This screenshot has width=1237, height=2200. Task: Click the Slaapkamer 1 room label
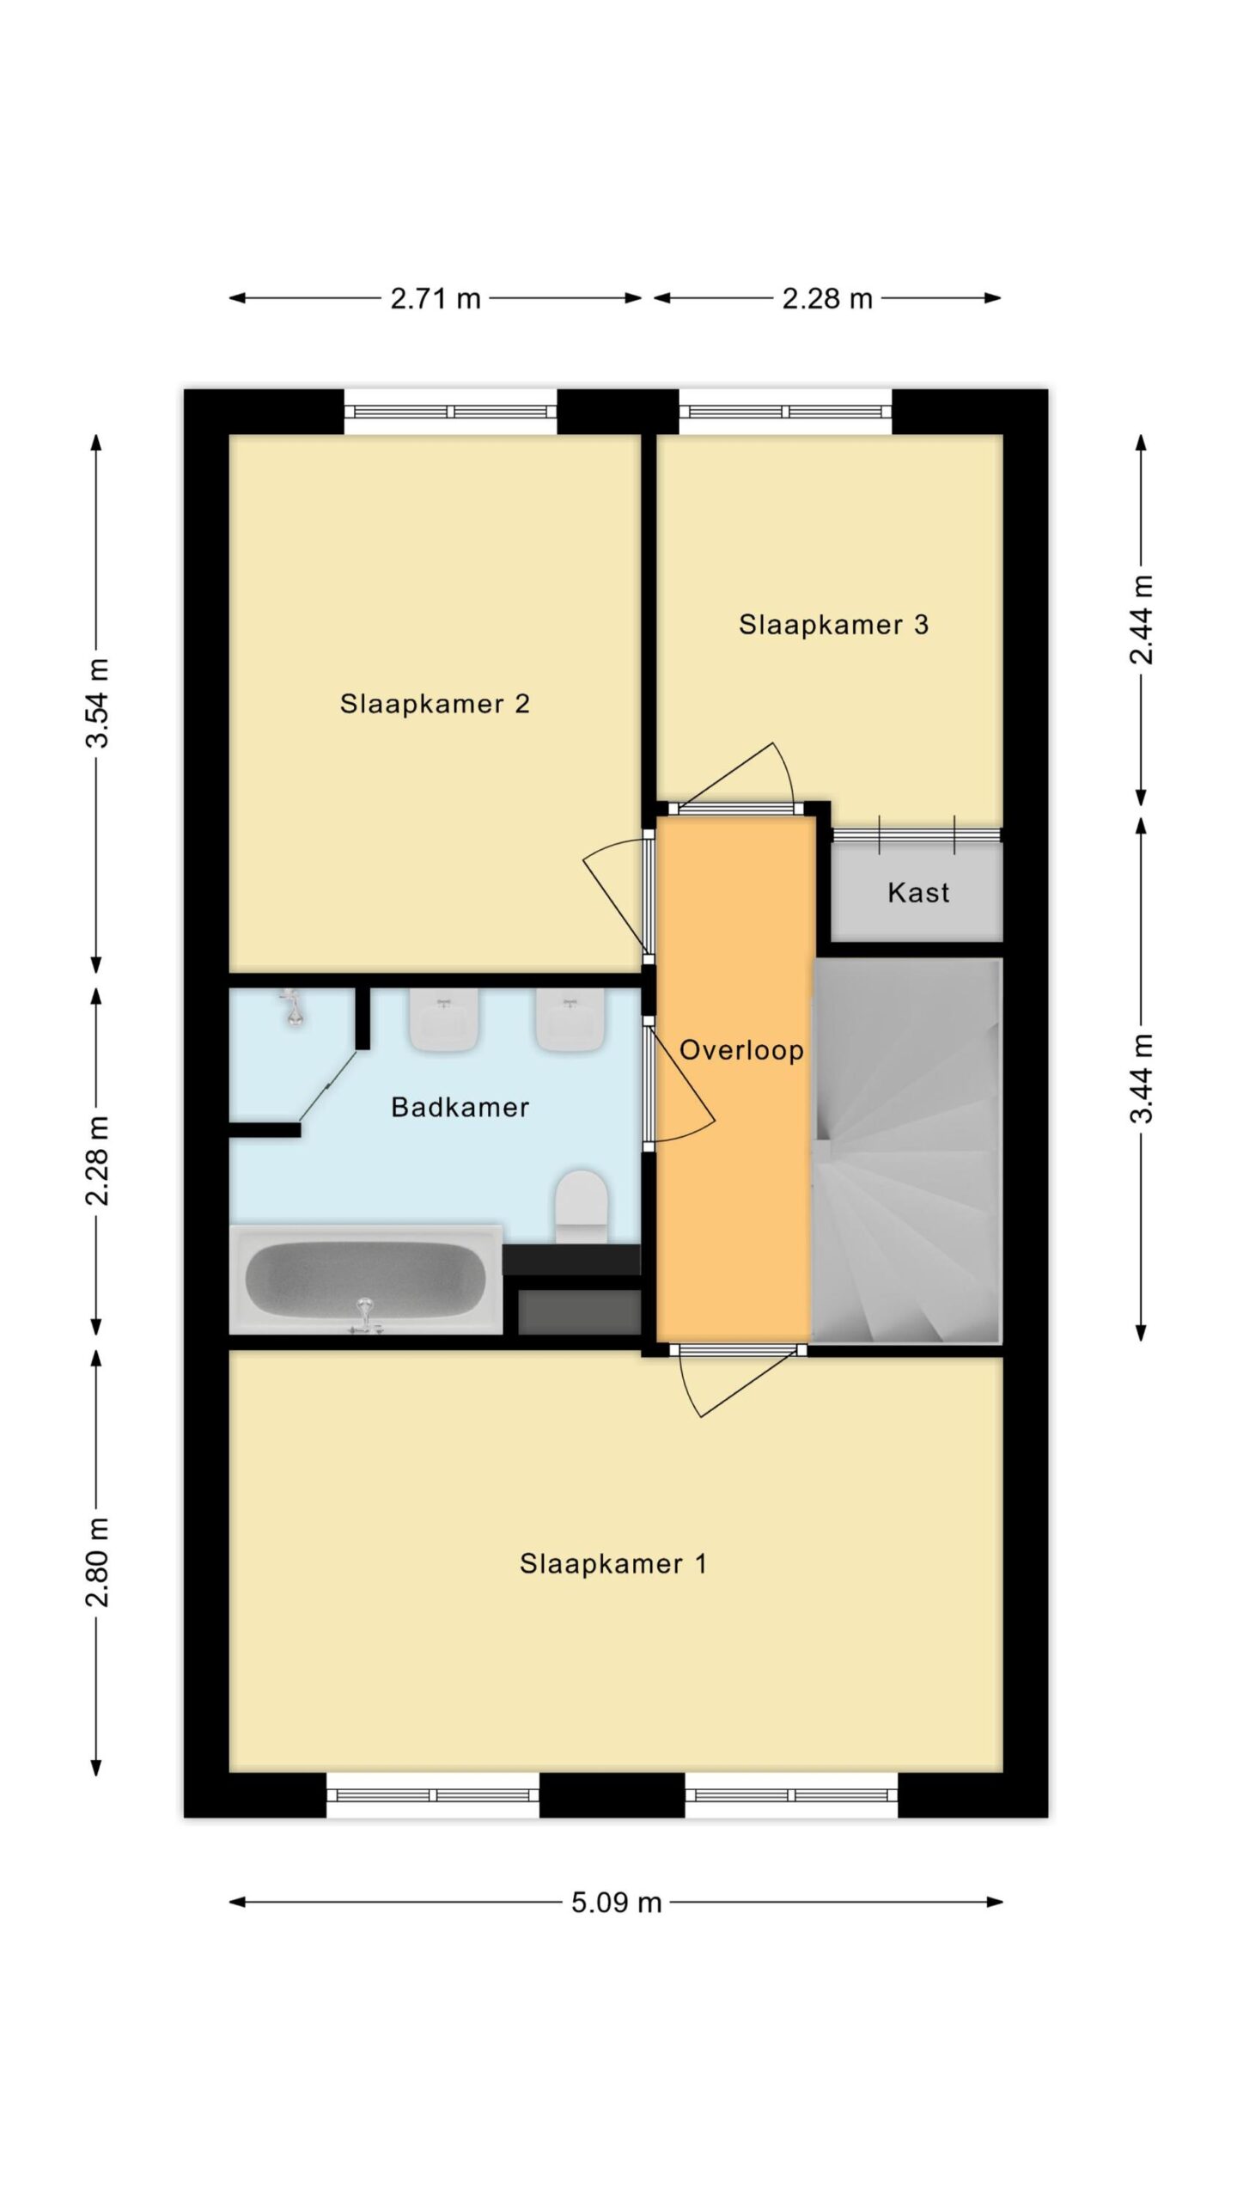coord(612,1563)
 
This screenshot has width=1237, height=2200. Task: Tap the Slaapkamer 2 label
coord(435,704)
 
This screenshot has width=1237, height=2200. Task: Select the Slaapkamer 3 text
coord(833,625)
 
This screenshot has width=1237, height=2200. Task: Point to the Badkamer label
coord(460,1107)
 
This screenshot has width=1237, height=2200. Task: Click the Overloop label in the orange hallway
coord(741,1050)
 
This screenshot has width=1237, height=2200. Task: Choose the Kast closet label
coord(918,893)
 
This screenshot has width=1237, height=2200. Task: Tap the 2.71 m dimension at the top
coord(436,299)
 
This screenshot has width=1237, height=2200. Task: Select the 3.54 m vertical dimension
coord(97,703)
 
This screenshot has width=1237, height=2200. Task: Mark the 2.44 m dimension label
coord(1142,620)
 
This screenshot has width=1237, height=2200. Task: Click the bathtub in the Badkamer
coord(366,1280)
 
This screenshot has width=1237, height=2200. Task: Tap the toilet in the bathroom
coord(582,1206)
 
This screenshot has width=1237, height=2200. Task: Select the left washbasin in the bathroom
coord(444,1019)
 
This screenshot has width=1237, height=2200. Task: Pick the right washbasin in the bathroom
coord(570,1019)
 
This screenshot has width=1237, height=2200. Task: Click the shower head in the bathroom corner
coord(293,1007)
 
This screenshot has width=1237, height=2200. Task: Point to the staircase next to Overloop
coord(907,1150)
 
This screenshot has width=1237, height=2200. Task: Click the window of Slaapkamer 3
coord(786,412)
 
